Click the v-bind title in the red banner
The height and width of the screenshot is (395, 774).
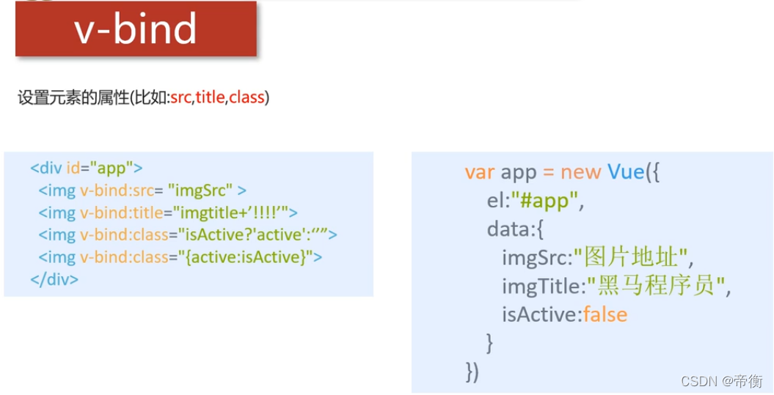136,29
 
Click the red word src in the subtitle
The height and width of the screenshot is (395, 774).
180,97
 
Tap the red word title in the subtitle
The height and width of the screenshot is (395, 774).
210,97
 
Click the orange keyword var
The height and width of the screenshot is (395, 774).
480,172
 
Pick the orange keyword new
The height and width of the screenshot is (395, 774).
581,172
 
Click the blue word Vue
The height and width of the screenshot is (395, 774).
625,172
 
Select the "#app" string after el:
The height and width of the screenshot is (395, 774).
545,201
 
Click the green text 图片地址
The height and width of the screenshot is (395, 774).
633,258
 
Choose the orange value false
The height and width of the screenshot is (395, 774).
605,315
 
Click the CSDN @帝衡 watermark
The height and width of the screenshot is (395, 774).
722,381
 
